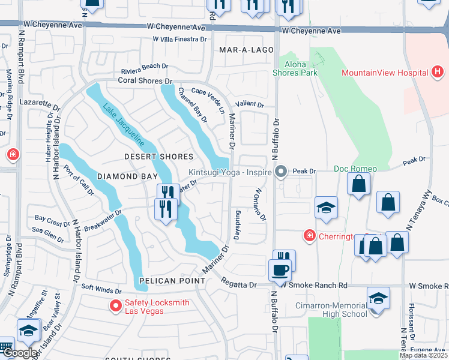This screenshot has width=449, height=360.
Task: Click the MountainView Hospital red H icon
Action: (438, 73)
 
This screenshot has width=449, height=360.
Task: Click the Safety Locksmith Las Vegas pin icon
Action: (115, 306)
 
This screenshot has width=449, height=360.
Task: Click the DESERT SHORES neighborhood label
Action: (158, 157)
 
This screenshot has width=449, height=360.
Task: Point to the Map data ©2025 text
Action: (423, 355)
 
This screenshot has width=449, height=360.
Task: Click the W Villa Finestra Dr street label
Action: (179, 39)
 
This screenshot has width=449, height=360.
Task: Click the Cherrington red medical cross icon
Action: (309, 235)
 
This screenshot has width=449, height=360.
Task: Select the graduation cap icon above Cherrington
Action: (326, 208)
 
